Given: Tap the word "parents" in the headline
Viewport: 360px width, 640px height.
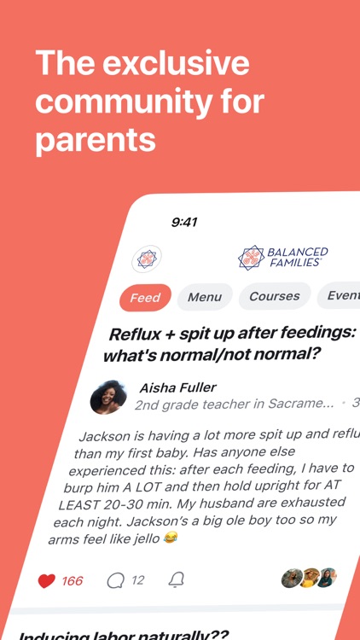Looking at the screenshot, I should tap(95, 139).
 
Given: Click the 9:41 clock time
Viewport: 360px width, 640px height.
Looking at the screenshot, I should tap(184, 222).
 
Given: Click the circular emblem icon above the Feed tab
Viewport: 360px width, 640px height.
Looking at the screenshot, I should tap(147, 258).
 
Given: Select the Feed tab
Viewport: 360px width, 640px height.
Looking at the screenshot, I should tap(145, 298).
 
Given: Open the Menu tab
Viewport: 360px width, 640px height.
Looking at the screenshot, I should tap(205, 297).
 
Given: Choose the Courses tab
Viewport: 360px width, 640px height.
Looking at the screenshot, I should tap(274, 296).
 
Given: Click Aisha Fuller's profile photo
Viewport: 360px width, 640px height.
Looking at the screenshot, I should tap(108, 397).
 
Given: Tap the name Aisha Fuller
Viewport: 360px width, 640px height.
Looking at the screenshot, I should tap(179, 387).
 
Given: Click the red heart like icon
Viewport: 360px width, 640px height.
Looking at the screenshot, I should tap(47, 581).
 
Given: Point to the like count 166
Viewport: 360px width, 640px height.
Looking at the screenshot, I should tap(73, 581).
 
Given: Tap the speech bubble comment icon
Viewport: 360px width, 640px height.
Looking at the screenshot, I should tap(115, 581).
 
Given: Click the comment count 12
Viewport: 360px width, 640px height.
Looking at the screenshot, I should tap(137, 580).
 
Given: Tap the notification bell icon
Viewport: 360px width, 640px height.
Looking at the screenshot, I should tap(177, 580).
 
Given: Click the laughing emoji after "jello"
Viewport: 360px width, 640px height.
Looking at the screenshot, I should tap(171, 538).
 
